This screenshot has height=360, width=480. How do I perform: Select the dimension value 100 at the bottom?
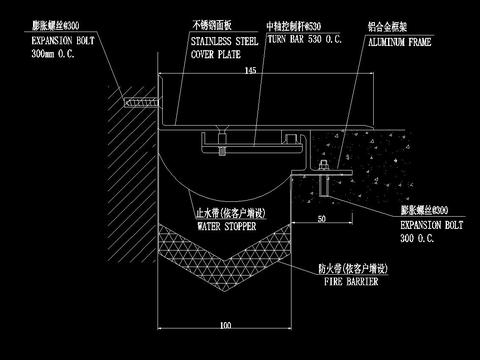click(225, 325)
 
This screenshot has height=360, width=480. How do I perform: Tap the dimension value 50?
click(320, 216)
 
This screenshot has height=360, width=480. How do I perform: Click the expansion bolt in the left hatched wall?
click(133, 101)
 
